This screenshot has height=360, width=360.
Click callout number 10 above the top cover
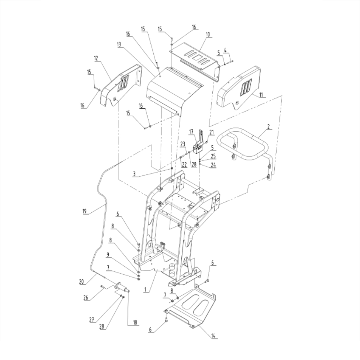click(x=208, y=35)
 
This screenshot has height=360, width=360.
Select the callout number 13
click(x=119, y=44)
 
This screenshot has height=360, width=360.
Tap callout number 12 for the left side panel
click(x=96, y=58)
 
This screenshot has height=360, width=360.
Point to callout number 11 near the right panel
click(x=261, y=95)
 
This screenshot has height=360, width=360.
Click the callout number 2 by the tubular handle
click(x=269, y=126)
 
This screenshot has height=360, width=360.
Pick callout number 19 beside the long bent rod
click(x=85, y=211)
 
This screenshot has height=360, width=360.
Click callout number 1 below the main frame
click(x=145, y=289)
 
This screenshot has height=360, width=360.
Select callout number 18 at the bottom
click(x=135, y=322)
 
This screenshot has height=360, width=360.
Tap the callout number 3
click(x=134, y=174)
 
